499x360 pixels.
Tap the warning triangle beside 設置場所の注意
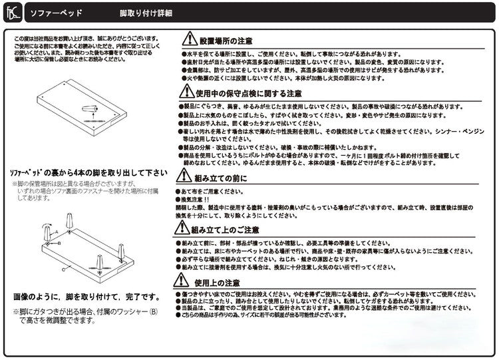(x=190, y=39)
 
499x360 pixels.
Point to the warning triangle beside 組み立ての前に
(x=183, y=176)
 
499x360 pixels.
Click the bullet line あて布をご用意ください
(x=214, y=191)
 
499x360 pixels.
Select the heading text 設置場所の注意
(x=226, y=41)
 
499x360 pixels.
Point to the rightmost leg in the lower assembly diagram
(x=122, y=251)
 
